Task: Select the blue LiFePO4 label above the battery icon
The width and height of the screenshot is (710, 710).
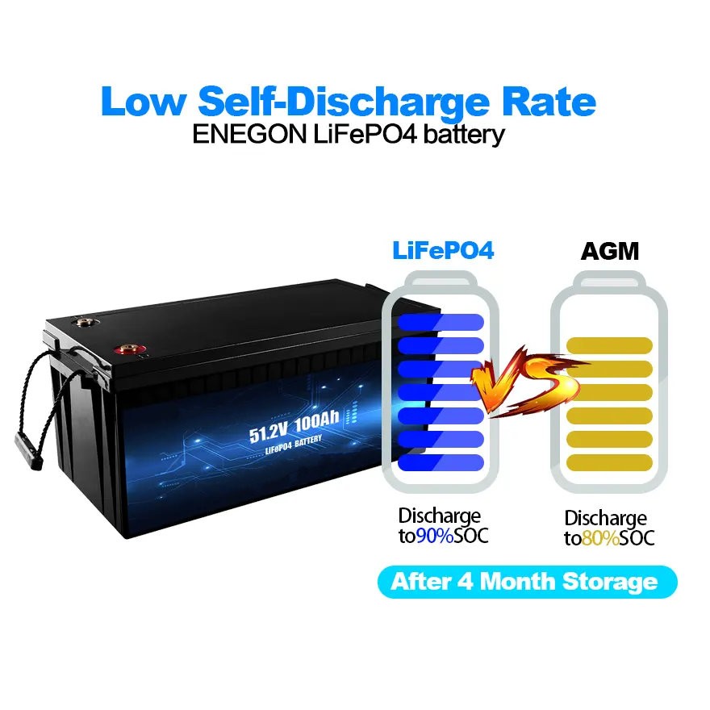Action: [x=443, y=250]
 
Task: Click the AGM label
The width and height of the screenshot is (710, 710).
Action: [x=609, y=251]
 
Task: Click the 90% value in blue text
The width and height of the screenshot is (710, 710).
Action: [x=435, y=536]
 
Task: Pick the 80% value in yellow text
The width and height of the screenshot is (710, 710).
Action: [x=600, y=538]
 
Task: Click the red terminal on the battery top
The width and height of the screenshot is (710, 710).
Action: [x=130, y=349]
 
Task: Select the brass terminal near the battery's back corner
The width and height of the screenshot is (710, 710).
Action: [x=84, y=323]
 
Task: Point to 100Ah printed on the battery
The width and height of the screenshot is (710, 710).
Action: [x=316, y=421]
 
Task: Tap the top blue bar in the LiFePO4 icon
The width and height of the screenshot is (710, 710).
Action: [x=441, y=322]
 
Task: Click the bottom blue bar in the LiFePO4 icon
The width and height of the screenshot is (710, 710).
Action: [x=441, y=463]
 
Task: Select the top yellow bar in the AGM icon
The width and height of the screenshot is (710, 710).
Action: [x=609, y=345]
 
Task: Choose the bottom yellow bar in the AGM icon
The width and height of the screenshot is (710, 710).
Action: [x=609, y=463]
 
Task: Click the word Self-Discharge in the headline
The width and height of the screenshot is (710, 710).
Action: [x=345, y=102]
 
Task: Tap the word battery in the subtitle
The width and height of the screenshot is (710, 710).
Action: [x=464, y=135]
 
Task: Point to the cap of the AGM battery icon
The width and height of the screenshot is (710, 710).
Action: [x=609, y=280]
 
